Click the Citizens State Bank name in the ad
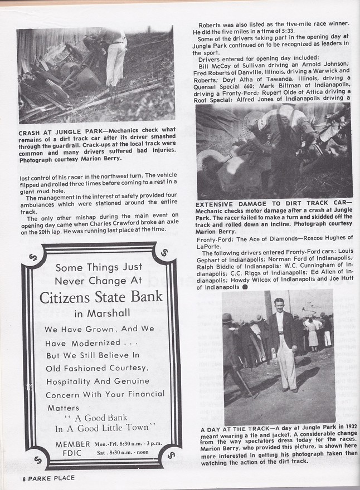tap(101, 296)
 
